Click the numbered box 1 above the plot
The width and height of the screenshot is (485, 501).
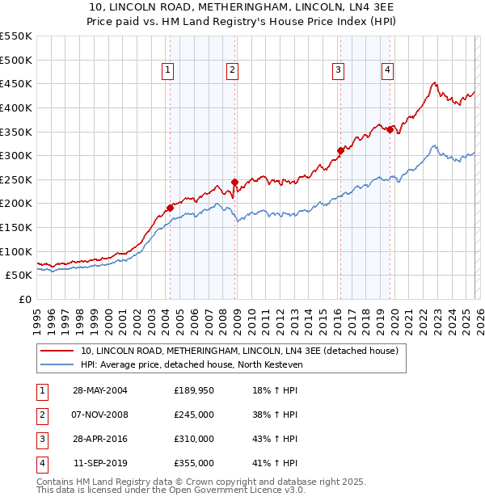coord(168,71)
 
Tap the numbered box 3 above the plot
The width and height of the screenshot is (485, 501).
coord(338,71)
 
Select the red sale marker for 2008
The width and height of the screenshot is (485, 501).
coord(234,182)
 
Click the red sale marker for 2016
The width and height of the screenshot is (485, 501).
coord(340,150)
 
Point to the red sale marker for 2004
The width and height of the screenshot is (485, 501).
coord(171,208)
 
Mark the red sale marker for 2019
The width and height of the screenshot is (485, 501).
coord(390,129)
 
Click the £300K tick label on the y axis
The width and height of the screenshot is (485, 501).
coord(16,155)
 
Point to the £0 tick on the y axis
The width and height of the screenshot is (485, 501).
coord(24,299)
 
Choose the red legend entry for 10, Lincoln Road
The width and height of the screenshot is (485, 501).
coord(239,352)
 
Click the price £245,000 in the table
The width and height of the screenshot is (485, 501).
coord(194,415)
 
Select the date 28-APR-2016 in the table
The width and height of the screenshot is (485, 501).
coord(100,439)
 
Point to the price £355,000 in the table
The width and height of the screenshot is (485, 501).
coord(194,463)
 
